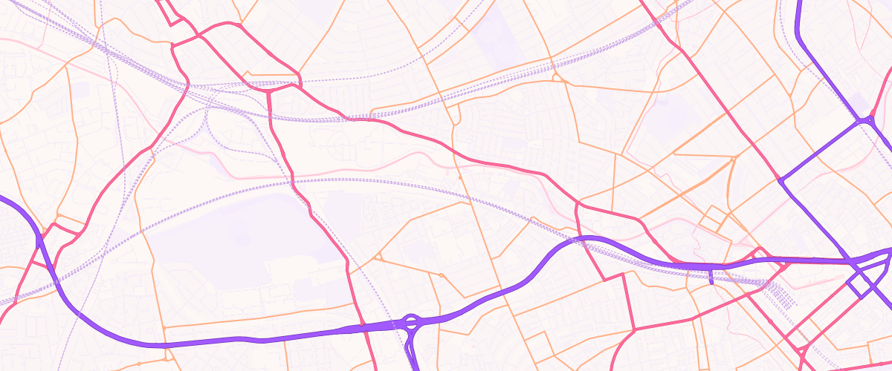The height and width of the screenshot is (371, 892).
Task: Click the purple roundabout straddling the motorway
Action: (x=410, y=322)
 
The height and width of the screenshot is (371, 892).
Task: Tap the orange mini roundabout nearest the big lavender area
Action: (x=378, y=257)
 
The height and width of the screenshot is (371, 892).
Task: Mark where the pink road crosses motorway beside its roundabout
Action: (x=362, y=325)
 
